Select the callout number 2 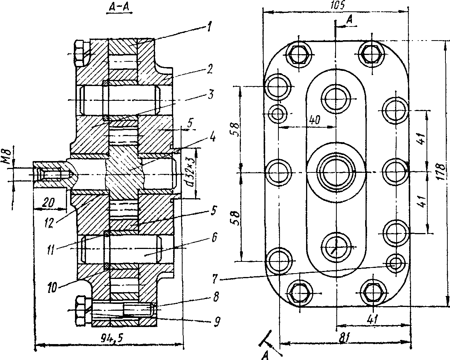pos(209,69)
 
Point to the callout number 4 pos(212,137)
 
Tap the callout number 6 pos(214,237)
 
